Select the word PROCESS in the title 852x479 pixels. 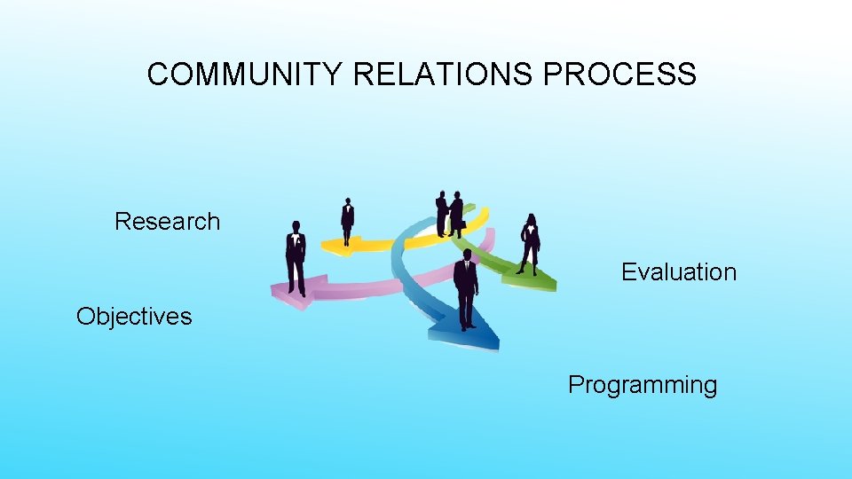(x=619, y=75)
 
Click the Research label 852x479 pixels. (x=167, y=221)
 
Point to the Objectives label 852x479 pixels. (x=134, y=317)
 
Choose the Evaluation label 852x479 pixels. (x=679, y=272)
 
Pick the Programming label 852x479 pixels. (x=643, y=385)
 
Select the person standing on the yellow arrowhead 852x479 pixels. (x=347, y=221)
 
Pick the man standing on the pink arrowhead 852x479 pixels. (x=296, y=257)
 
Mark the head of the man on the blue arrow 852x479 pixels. (x=466, y=255)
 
